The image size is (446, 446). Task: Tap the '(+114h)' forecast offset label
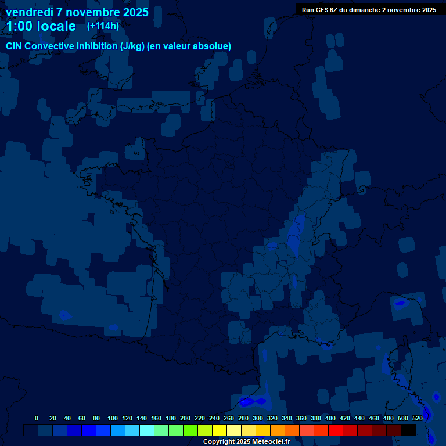click(103, 26)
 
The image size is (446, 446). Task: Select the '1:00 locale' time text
click(41, 26)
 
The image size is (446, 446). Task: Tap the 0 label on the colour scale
click(37, 418)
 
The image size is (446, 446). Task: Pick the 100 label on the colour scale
click(113, 418)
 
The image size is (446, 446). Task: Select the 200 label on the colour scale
click(185, 418)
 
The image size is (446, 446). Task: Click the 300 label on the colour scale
click(258, 418)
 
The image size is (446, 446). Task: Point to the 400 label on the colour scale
click(330, 418)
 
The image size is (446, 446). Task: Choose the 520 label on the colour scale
click(418, 418)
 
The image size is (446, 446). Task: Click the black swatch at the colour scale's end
click(408, 430)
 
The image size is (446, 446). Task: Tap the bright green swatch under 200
click(190, 430)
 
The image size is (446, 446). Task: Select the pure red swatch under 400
click(336, 430)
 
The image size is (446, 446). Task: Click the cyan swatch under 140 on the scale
click(147, 430)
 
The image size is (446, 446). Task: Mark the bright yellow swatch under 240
click(220, 430)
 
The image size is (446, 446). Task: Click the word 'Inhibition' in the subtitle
click(93, 46)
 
